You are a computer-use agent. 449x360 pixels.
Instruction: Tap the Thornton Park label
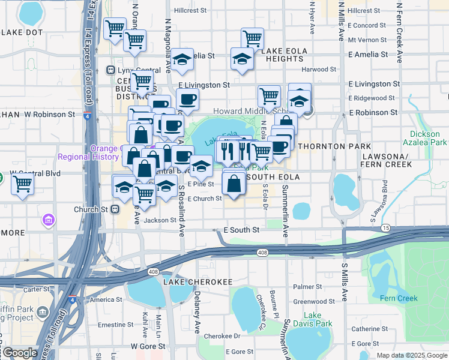[322, 146]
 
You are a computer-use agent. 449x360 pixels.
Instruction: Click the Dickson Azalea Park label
[429, 138]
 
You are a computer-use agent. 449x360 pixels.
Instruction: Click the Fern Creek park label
[399, 298]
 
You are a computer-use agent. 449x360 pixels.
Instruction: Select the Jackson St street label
[159, 220]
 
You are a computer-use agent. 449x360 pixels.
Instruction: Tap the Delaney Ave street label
[197, 312]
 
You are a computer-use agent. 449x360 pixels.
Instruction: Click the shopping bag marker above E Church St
[234, 185]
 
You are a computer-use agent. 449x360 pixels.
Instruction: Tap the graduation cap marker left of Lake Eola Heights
[242, 59]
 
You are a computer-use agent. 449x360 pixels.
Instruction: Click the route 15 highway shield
[385, 228]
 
